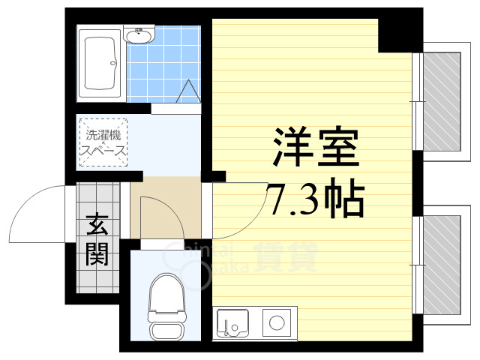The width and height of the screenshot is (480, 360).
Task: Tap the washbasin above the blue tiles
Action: click(139, 35)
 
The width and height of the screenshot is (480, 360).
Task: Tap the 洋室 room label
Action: click(314, 148)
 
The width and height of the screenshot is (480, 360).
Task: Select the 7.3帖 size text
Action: click(315, 198)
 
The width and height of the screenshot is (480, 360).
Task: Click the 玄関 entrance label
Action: click(97, 240)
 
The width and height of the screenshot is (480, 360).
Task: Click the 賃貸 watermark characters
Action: click(285, 259)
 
